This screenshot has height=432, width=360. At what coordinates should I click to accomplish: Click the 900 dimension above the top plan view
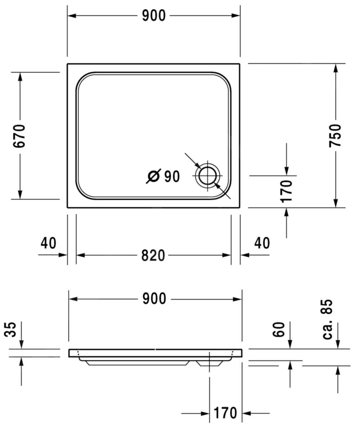click(x=154, y=15)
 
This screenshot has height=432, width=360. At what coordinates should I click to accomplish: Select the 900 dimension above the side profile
click(x=154, y=299)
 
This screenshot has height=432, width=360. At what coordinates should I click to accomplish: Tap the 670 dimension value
click(x=19, y=135)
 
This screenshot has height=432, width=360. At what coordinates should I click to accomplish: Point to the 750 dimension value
click(x=335, y=135)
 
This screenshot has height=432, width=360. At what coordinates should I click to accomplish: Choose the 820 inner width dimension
click(x=153, y=255)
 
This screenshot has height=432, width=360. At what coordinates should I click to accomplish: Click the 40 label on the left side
click(x=48, y=243)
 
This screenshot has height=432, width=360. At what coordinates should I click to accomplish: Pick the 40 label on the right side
click(x=262, y=243)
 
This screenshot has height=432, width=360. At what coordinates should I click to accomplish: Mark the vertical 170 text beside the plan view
click(x=286, y=191)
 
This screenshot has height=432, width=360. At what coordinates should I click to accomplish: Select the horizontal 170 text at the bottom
click(x=225, y=413)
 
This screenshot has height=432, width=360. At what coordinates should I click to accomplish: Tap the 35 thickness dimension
click(x=12, y=329)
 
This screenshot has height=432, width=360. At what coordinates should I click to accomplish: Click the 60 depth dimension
click(x=279, y=329)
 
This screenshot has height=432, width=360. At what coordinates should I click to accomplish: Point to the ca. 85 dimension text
click(x=328, y=319)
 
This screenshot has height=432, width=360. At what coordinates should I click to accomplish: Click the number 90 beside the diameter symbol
click(x=172, y=176)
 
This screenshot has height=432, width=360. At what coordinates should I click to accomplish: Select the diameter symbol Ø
click(x=153, y=176)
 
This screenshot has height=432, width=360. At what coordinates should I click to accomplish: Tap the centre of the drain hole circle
click(x=208, y=176)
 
